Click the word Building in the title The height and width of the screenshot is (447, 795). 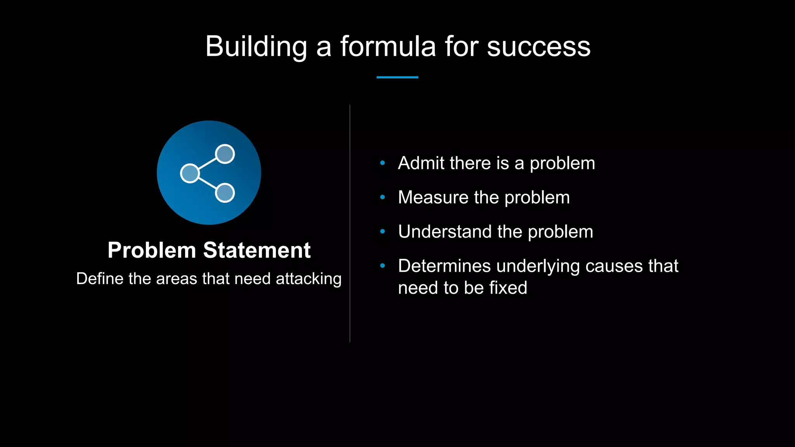pos(256,47)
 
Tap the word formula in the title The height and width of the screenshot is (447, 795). pos(388,47)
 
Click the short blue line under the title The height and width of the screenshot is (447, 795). pos(397,77)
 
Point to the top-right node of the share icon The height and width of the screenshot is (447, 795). pos(225,154)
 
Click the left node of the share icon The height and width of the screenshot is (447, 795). pos(190,173)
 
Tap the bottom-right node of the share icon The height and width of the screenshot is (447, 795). pos(225,193)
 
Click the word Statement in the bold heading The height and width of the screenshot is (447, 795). pos(257,250)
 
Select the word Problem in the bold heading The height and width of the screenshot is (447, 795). pos(152,250)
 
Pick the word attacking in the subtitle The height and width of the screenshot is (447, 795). pos(309,279)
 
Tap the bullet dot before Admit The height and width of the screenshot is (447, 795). pos(382,163)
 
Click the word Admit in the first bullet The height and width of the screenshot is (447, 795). pos(421,163)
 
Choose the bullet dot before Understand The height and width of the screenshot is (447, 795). pos(382,232)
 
